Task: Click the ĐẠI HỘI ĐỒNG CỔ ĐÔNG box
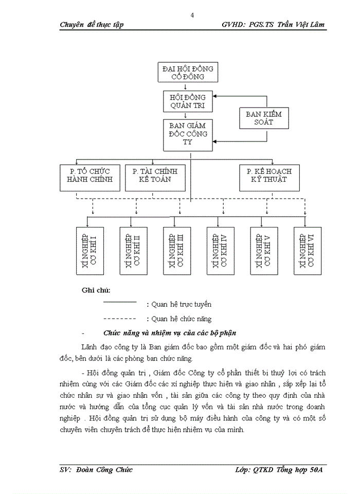187,73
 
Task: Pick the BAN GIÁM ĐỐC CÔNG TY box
187,135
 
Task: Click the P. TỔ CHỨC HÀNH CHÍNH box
90,177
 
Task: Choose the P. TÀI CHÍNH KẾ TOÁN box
151,177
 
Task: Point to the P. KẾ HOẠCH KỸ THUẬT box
269,177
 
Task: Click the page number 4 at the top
192,15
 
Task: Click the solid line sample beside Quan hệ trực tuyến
119,302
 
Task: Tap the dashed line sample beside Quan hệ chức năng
119,319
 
